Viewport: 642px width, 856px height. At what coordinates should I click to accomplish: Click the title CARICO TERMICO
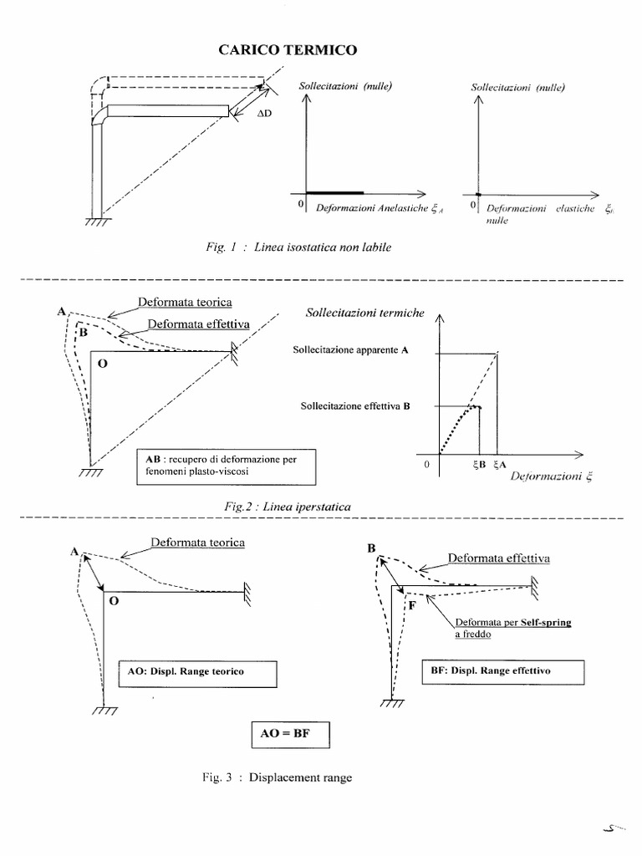click(287, 50)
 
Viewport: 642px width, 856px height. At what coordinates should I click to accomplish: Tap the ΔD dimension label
click(264, 113)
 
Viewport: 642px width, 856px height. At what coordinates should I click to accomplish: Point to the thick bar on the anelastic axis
click(334, 193)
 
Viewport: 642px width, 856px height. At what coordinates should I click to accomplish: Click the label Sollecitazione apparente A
click(350, 351)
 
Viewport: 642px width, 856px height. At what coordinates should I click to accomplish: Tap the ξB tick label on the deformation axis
click(477, 466)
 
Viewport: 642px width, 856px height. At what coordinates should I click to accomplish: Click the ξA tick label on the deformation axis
click(500, 466)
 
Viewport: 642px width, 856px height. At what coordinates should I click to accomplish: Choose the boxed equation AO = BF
click(291, 736)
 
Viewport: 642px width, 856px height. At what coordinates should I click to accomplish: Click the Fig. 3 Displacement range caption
click(277, 777)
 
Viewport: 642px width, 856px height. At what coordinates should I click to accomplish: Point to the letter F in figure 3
click(412, 604)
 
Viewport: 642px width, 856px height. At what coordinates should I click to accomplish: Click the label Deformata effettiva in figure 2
click(189, 325)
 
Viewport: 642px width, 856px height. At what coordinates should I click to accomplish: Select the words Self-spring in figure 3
click(545, 624)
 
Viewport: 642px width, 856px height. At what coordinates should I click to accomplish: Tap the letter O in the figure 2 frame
click(101, 364)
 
